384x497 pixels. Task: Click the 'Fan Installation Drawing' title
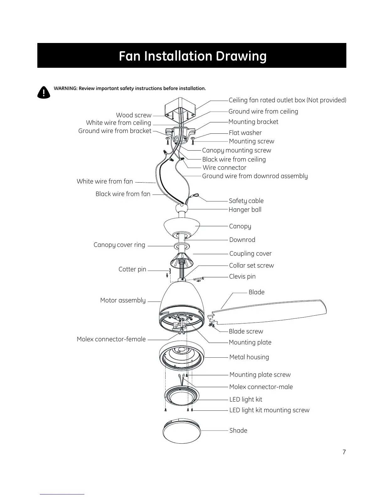pyautogui.click(x=192, y=56)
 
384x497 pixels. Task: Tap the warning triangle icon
pyautogui.click(x=44, y=92)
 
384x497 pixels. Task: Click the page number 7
pyautogui.click(x=344, y=452)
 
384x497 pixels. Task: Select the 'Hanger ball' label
pyautogui.click(x=245, y=210)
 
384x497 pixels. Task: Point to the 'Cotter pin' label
pyautogui.click(x=132, y=269)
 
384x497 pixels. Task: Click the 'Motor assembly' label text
pyautogui.click(x=123, y=300)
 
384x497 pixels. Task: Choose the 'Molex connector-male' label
pyautogui.click(x=261, y=387)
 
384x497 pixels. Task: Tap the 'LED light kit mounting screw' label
pyautogui.click(x=269, y=410)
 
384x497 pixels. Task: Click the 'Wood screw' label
pyautogui.click(x=134, y=115)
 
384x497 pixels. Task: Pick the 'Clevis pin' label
pyautogui.click(x=242, y=276)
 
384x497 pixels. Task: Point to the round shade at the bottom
pyautogui.click(x=181, y=432)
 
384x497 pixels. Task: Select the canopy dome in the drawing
pyautogui.click(x=181, y=227)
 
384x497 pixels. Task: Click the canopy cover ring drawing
pyautogui.click(x=182, y=246)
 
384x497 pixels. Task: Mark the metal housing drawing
pyautogui.click(x=182, y=356)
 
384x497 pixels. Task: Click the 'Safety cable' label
pyautogui.click(x=246, y=201)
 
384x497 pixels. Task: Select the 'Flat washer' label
pyautogui.click(x=245, y=133)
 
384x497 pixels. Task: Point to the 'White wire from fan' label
pyautogui.click(x=105, y=181)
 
